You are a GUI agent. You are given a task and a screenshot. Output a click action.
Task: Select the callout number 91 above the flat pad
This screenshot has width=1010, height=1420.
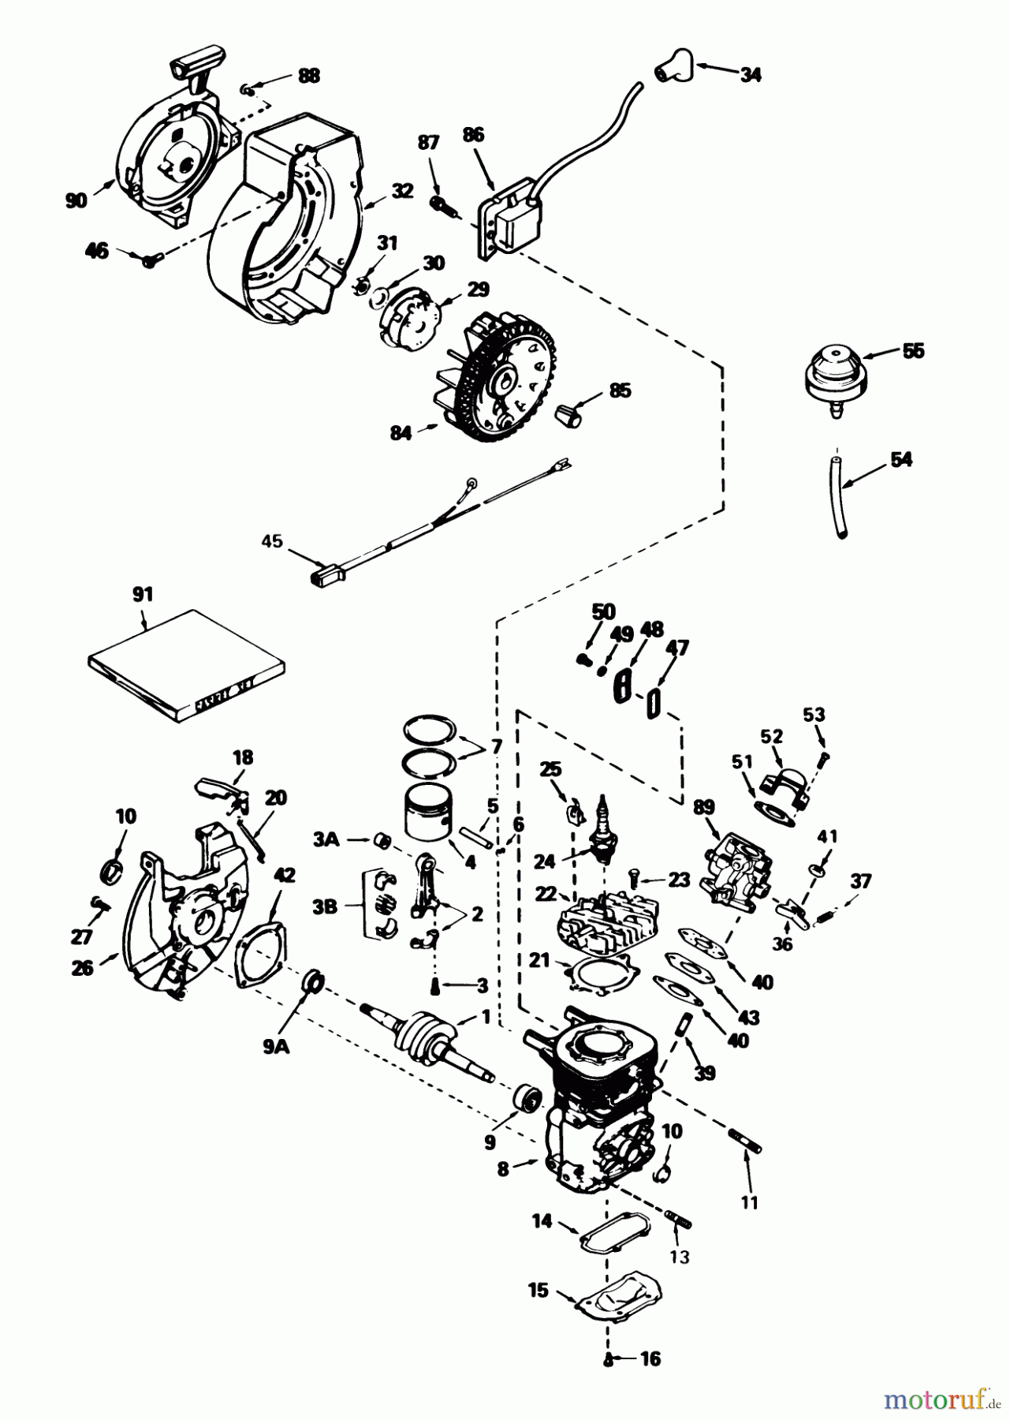pos(143,594)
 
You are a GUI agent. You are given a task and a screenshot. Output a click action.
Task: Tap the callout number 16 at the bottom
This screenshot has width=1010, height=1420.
pos(650,1359)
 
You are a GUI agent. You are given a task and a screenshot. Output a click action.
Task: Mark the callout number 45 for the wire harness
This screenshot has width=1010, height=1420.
pos(272,541)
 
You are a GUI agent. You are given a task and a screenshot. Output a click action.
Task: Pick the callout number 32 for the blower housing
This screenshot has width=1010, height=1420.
pos(402,190)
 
